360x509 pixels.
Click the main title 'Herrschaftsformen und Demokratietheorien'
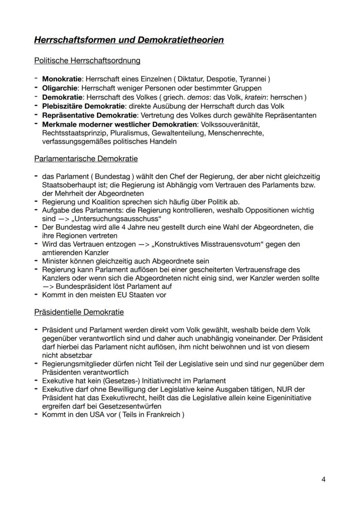click(x=129, y=40)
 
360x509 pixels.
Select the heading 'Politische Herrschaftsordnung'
click(x=87, y=61)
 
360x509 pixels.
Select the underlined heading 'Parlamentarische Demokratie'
click(x=86, y=159)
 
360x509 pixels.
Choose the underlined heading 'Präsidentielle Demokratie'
click(x=79, y=312)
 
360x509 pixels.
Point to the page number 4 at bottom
click(x=323, y=479)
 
